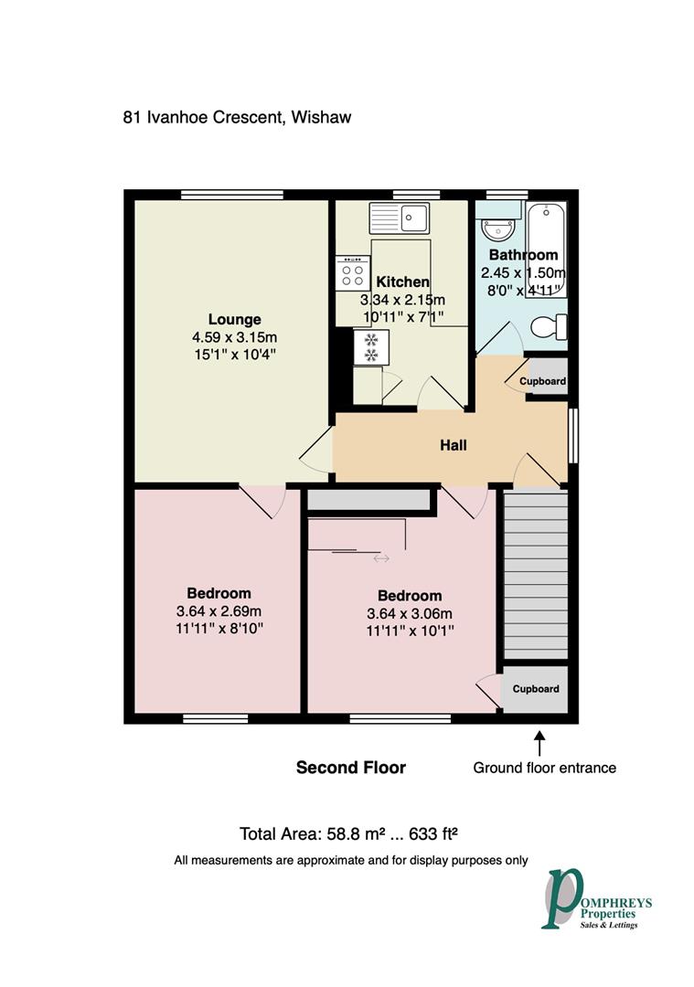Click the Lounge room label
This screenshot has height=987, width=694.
(x=234, y=319)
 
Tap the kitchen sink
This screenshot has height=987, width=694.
(x=400, y=218)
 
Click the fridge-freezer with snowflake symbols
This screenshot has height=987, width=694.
(x=372, y=346)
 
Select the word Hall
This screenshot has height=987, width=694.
(x=454, y=445)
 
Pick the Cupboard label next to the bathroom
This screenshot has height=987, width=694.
(x=543, y=381)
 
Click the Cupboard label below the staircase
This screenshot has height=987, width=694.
(x=535, y=689)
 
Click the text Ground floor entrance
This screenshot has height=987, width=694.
(x=544, y=768)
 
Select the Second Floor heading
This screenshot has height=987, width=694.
(x=351, y=768)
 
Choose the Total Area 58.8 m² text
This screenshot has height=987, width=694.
(x=347, y=833)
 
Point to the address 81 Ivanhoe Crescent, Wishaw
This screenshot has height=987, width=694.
(x=237, y=117)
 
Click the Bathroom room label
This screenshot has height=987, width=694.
(x=523, y=255)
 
